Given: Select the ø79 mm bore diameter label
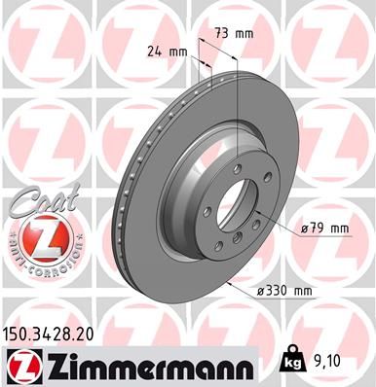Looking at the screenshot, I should pos(324,229).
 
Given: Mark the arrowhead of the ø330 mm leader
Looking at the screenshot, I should pos(227,282).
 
